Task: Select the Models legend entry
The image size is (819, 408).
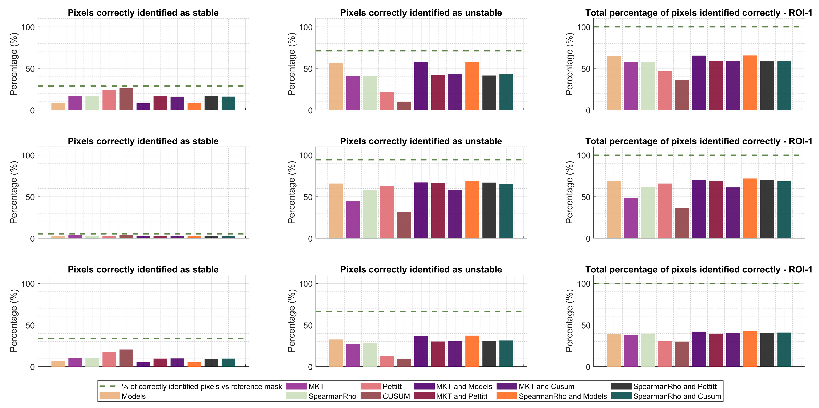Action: point(133,396)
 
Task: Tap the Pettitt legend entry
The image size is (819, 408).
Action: point(392,386)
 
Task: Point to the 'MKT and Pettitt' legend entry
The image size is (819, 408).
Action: point(461,396)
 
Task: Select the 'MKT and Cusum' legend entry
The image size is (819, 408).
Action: point(546,386)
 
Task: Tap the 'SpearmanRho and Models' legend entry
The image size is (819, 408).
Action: point(562,396)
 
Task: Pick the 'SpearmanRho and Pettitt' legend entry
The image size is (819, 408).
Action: point(675,386)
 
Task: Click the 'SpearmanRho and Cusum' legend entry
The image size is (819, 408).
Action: point(677,396)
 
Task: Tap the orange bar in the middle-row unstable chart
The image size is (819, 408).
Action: point(472,209)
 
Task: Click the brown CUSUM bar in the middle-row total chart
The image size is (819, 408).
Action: point(682,223)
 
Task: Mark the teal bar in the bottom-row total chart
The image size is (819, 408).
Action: point(784,349)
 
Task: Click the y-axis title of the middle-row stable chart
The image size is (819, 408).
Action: point(13,192)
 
